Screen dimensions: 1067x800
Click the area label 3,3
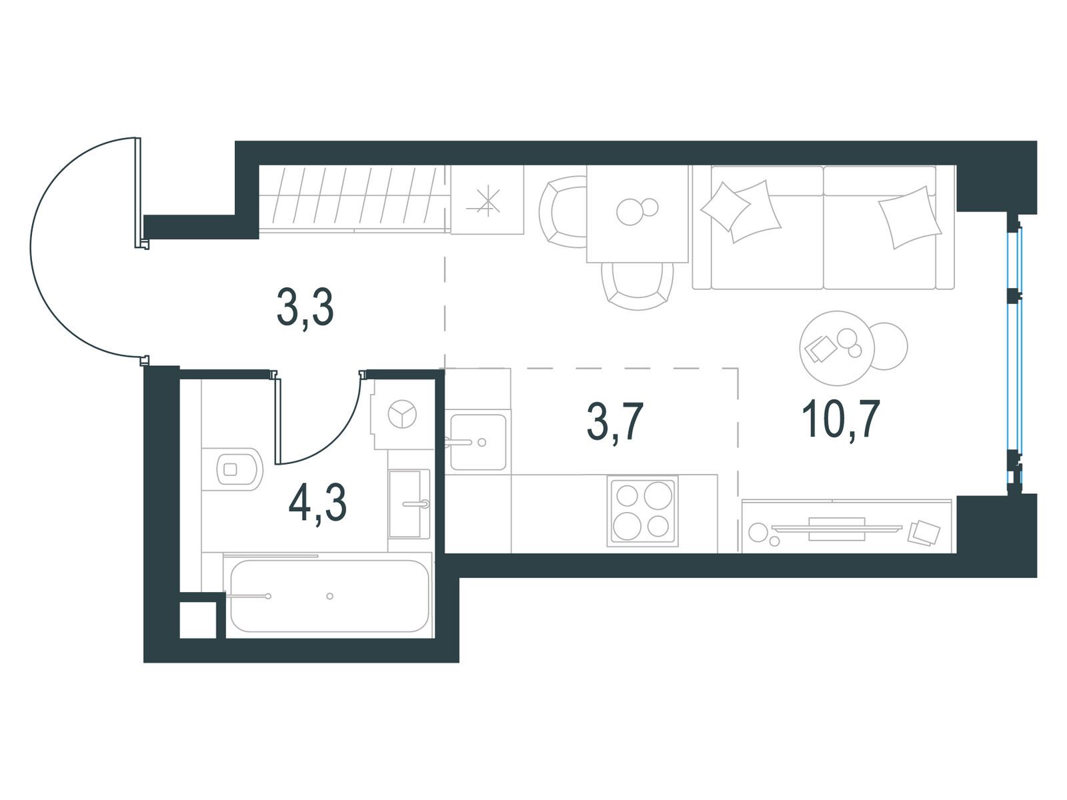point(305,309)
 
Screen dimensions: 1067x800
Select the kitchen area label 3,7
point(615,422)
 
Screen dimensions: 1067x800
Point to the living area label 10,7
point(841,419)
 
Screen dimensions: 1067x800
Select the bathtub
point(329,596)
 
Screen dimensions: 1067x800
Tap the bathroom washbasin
point(409,504)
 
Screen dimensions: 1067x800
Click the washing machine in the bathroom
point(401,414)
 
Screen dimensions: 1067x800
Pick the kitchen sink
point(478,442)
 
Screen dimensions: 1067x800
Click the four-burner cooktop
point(642,511)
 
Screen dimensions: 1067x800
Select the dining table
point(638,214)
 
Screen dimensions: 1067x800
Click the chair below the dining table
point(638,286)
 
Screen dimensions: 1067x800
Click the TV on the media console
point(836,529)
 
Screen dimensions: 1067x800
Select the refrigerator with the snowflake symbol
point(487,200)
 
